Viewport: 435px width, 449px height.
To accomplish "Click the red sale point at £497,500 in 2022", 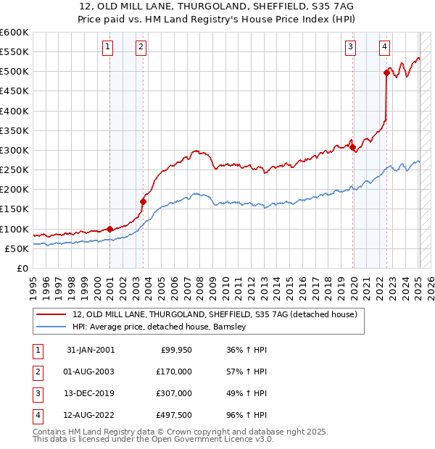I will (x=386, y=72).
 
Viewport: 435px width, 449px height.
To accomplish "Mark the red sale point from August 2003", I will (x=143, y=201).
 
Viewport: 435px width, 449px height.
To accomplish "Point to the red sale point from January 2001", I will (x=110, y=229).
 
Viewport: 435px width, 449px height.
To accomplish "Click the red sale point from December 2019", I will (x=353, y=147).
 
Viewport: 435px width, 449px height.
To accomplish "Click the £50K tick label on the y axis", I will (x=17, y=248).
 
